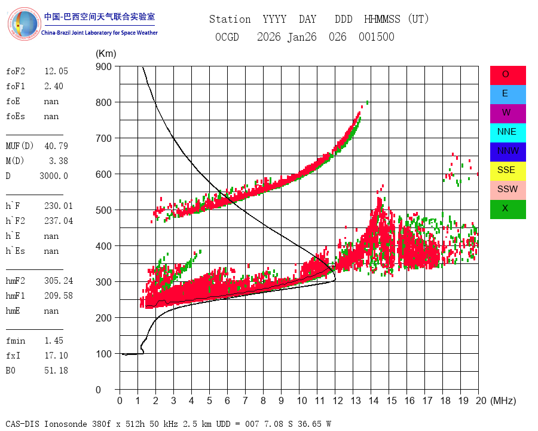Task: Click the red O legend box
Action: (x=508, y=75)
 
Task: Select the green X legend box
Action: (x=508, y=210)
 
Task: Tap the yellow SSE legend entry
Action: (x=508, y=171)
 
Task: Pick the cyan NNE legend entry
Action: (x=508, y=133)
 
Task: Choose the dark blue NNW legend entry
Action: (x=508, y=152)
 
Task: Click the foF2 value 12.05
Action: (x=56, y=71)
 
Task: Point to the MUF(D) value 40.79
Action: (x=56, y=146)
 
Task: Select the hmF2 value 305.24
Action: (x=59, y=281)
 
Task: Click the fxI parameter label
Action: (x=13, y=356)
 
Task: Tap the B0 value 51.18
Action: (x=56, y=371)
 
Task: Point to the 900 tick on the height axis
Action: (x=103, y=66)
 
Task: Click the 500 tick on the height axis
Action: (x=103, y=210)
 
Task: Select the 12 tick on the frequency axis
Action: (x=338, y=400)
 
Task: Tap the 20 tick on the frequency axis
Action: (x=481, y=400)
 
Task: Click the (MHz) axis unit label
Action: (x=503, y=400)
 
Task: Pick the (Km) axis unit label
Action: (x=106, y=54)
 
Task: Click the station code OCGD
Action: (x=227, y=37)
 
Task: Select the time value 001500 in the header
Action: (x=377, y=37)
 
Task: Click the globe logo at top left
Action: (x=25, y=24)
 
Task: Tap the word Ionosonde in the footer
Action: (x=65, y=424)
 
